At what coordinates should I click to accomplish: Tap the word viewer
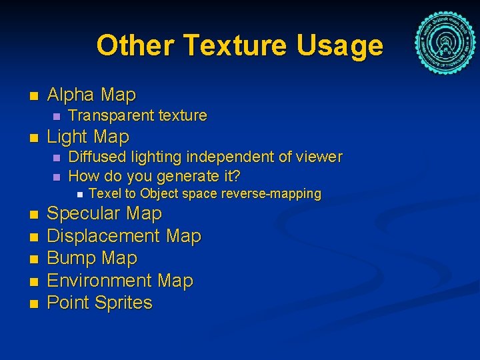(319, 157)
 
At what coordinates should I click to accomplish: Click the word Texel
(103, 194)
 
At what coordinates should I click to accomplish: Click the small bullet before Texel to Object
(78, 195)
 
